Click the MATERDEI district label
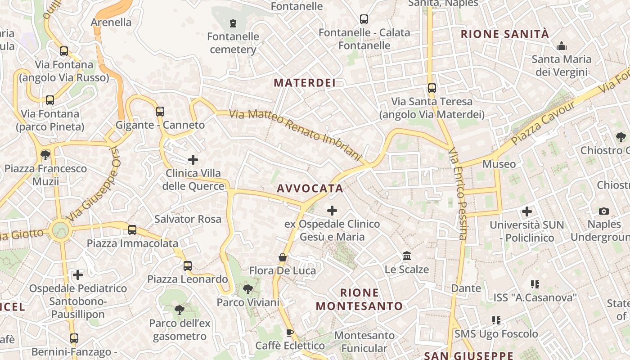click(305, 83)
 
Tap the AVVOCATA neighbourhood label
click(310, 189)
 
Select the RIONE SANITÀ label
click(505, 34)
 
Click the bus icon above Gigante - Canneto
click(160, 111)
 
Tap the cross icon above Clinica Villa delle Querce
click(193, 160)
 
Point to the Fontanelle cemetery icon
click(233, 23)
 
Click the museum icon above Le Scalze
click(407, 256)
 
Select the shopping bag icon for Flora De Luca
click(283, 257)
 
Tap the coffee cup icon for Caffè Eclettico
click(290, 333)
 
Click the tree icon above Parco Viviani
click(247, 289)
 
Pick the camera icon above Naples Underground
click(604, 211)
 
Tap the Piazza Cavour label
click(543, 122)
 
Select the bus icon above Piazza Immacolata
click(132, 230)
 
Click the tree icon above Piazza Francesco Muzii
click(45, 155)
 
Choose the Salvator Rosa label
click(188, 219)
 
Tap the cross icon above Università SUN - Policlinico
click(527, 211)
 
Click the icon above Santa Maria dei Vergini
click(561, 46)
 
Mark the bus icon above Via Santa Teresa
click(432, 88)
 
